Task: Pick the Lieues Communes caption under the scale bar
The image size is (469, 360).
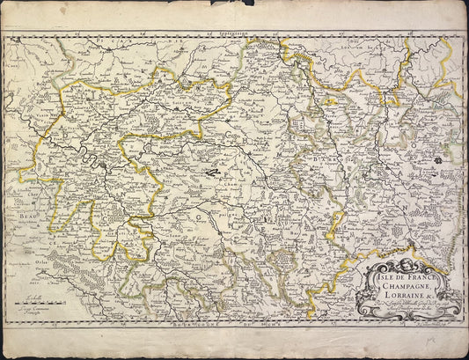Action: click(x=29, y=302)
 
